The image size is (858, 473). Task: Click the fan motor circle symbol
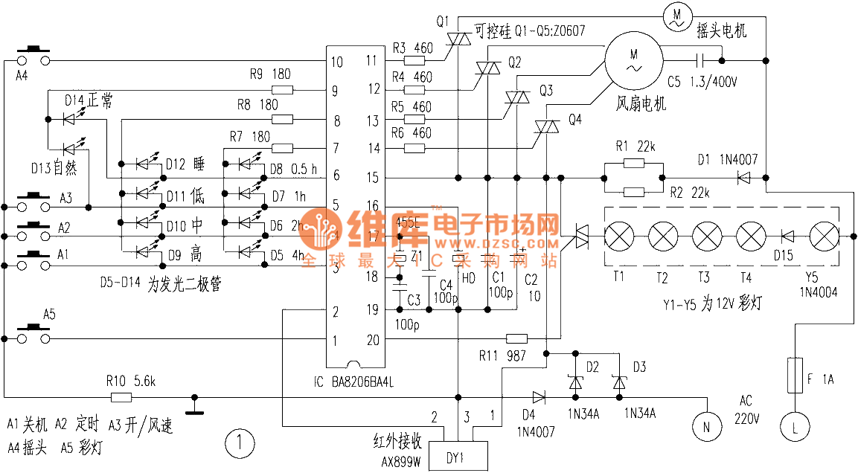point(633,60)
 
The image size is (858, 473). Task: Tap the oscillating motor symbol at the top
point(677,14)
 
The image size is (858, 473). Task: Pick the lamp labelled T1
point(618,237)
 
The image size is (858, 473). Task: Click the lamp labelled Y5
point(823,237)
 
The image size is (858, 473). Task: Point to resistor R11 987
point(516,338)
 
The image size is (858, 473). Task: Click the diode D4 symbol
point(538,396)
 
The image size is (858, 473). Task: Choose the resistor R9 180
point(283,91)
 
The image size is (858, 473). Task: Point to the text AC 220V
point(745,409)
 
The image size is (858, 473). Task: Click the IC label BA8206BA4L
point(353,382)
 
